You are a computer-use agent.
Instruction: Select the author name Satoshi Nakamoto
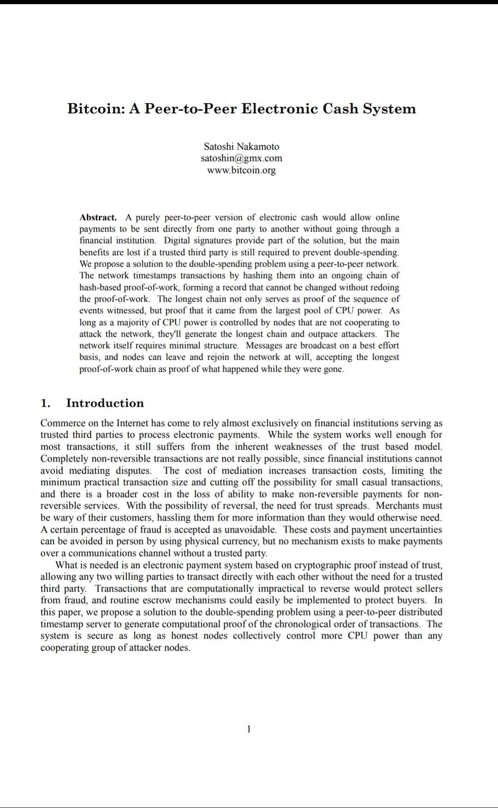pos(241,146)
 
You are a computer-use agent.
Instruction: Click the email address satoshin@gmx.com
pos(241,158)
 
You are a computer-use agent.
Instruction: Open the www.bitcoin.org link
pos(241,170)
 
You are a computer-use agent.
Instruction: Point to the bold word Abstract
pos(98,217)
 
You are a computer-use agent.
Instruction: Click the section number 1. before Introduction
pos(45,403)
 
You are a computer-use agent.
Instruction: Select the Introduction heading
pos(105,403)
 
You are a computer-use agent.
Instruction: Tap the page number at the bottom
pos(249,729)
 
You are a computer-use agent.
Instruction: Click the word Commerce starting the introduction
pos(63,423)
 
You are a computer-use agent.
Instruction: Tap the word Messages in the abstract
pos(264,345)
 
